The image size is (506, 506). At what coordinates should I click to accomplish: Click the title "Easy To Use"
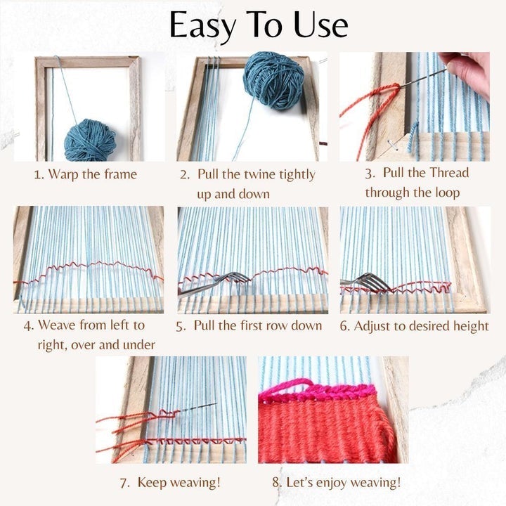pos(259,26)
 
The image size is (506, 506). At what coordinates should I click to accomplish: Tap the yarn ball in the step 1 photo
pos(90,138)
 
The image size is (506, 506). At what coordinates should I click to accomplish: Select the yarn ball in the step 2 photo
pos(273,79)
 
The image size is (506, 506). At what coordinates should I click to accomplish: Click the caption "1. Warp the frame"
pos(85,174)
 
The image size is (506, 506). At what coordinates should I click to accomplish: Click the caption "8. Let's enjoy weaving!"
pos(336,482)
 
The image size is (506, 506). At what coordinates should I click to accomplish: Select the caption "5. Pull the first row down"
pos(249,325)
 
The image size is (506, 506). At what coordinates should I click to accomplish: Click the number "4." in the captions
pos(29,325)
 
